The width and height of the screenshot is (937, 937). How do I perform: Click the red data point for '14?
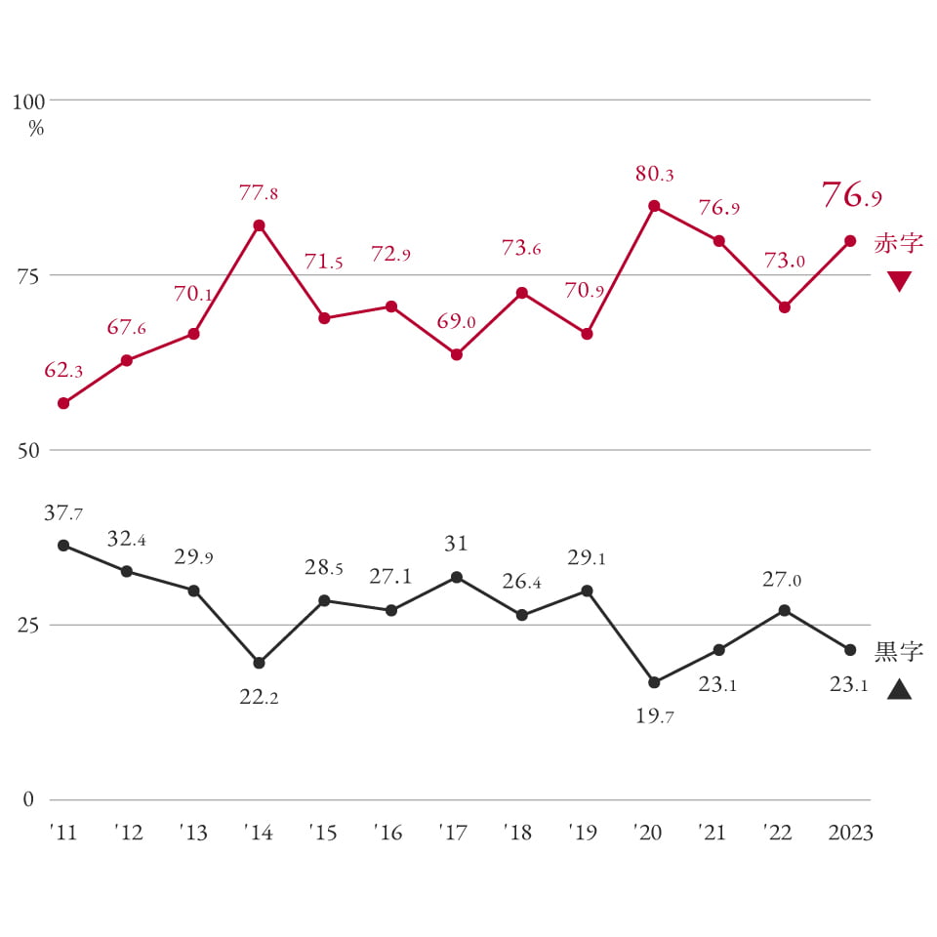(x=259, y=225)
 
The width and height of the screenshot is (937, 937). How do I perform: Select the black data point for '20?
(x=654, y=682)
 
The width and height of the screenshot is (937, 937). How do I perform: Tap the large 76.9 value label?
(x=851, y=194)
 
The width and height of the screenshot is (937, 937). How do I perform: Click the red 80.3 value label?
(x=654, y=175)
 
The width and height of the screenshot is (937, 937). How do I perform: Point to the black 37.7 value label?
(x=63, y=513)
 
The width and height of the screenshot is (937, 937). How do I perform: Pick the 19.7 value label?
(x=654, y=716)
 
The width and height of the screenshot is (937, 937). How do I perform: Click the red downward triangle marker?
(x=899, y=282)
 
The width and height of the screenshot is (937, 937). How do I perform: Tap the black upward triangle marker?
(x=899, y=690)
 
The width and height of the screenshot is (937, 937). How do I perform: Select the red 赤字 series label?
(x=898, y=244)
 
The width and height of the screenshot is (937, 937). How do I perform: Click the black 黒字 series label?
(x=898, y=651)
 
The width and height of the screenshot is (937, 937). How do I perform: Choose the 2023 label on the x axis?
(x=849, y=833)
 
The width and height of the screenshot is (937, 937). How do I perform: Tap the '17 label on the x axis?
(x=454, y=833)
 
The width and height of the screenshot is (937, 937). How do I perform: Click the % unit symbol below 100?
(x=36, y=128)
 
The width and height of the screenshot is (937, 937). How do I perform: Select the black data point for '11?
(x=63, y=545)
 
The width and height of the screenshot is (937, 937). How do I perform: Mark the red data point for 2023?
(x=850, y=241)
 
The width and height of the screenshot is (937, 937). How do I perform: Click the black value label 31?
(x=456, y=543)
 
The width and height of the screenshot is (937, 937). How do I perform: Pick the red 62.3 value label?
(x=63, y=371)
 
